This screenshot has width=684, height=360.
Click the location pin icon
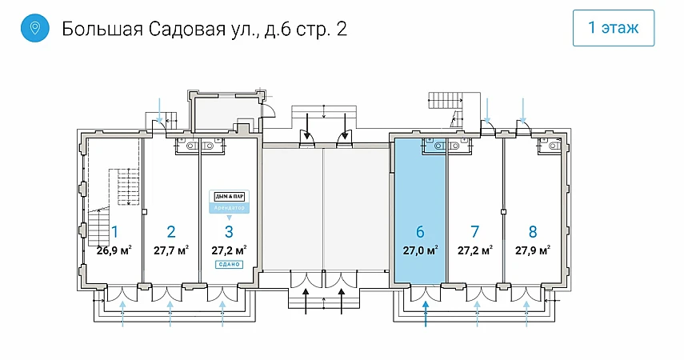34,29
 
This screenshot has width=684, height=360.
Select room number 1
115,232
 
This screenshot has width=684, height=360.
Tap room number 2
170,232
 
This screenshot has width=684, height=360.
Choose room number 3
229,232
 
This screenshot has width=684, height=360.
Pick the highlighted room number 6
420,232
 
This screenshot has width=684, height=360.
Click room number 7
475,232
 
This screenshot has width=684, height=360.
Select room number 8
533,232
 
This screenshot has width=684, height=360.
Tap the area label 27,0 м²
420,250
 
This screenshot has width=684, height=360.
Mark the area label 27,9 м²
533,250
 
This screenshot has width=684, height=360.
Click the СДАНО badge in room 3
229,264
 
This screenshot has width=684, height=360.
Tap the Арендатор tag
230,208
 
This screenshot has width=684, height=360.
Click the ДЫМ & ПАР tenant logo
230,196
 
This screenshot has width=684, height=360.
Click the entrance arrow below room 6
426,313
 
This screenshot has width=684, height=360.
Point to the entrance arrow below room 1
122,313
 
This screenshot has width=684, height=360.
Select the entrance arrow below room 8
528,313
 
